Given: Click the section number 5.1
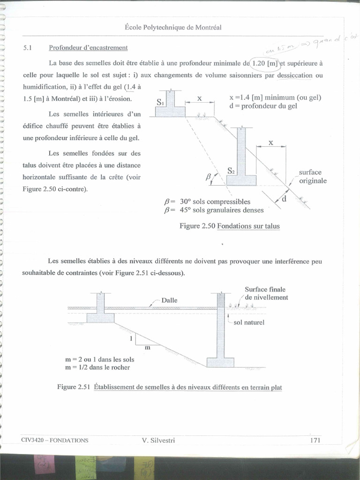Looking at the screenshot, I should [x=27, y=48].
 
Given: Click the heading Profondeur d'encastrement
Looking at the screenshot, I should [x=88, y=48].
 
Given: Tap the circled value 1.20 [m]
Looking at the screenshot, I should [x=265, y=63].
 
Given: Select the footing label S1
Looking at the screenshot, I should [x=161, y=102].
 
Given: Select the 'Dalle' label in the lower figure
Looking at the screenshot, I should [x=169, y=300].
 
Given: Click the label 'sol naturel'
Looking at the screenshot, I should [x=249, y=322].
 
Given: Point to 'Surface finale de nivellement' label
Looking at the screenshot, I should [x=266, y=293].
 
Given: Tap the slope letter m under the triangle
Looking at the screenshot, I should [x=147, y=347].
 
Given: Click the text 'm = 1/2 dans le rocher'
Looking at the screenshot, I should [x=98, y=367].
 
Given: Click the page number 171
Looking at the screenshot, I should [x=315, y=440].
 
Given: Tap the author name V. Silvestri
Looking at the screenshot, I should [x=158, y=440].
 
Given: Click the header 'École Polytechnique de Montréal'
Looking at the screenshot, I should [x=173, y=28].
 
